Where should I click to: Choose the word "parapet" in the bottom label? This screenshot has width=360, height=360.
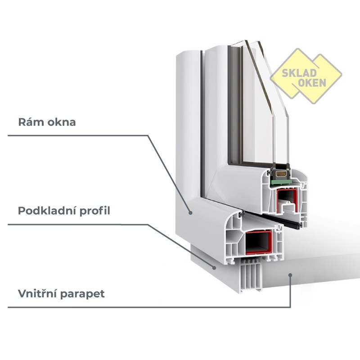83,294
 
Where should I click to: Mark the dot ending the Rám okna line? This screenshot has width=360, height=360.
191,212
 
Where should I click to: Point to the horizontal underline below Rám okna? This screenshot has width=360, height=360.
76,135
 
